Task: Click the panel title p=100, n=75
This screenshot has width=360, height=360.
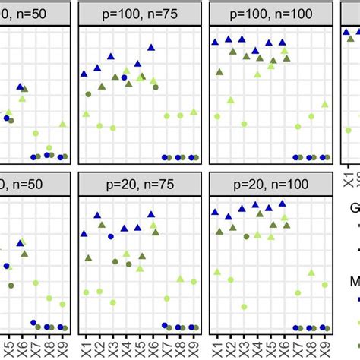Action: [141, 12]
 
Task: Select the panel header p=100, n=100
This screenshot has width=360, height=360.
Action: [270, 12]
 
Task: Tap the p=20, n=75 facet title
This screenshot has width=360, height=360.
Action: [141, 184]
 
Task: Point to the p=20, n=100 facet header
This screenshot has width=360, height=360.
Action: [270, 184]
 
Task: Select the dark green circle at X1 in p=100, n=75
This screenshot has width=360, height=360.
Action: [88, 94]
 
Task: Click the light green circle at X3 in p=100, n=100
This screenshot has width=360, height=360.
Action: [244, 123]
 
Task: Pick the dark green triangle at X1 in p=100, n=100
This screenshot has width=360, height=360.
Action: [219, 72]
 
